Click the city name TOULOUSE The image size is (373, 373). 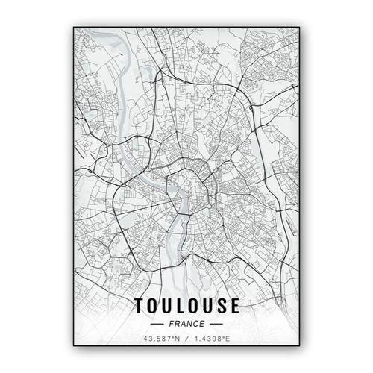186,305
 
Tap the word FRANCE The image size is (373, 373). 186,323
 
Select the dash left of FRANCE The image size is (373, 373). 157,324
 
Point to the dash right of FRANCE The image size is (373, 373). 216,324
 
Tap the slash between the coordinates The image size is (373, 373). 187,339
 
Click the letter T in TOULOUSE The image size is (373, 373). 140,305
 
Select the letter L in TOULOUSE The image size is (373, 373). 181,305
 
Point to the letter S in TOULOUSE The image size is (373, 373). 222,305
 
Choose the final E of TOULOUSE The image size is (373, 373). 234,305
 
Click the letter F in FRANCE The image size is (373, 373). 172,323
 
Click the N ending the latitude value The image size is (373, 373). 178,339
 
